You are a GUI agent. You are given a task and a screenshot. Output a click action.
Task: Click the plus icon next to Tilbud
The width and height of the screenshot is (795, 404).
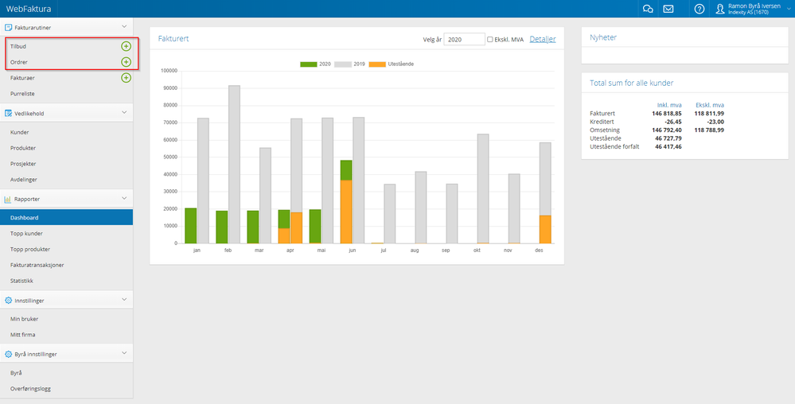coord(126,46)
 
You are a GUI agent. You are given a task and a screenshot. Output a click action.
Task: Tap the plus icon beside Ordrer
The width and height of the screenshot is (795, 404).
coord(126,62)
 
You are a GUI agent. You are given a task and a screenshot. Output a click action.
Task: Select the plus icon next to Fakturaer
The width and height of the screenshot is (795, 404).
coord(126,78)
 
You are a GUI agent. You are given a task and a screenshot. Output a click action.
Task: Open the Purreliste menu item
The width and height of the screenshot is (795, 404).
coord(22,94)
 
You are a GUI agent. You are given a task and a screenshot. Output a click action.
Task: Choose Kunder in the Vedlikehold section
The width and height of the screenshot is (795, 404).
coord(20,132)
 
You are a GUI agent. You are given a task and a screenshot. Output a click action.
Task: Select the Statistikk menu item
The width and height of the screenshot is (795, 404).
coord(22,280)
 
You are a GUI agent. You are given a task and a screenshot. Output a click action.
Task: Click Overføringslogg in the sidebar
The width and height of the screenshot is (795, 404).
coord(32,388)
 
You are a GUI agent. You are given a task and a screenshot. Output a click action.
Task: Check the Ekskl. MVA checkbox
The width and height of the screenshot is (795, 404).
coord(490,39)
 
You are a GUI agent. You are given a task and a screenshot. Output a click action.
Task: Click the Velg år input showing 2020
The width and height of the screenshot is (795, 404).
coord(464,39)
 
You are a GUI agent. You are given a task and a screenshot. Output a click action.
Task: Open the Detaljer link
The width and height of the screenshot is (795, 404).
coord(543,39)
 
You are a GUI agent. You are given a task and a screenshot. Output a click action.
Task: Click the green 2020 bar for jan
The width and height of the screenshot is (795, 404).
coord(190,226)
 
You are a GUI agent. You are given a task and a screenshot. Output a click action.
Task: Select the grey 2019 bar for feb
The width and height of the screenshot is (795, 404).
coord(234,159)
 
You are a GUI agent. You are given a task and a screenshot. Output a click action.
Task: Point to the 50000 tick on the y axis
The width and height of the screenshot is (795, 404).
coord(169,157)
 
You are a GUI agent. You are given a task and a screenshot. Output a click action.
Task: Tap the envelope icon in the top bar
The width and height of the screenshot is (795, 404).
coord(668,9)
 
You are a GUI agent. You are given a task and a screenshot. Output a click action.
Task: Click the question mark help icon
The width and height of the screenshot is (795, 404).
coord(700,9)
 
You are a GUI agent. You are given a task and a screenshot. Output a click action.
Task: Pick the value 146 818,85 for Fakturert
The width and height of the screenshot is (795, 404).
coord(668,114)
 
